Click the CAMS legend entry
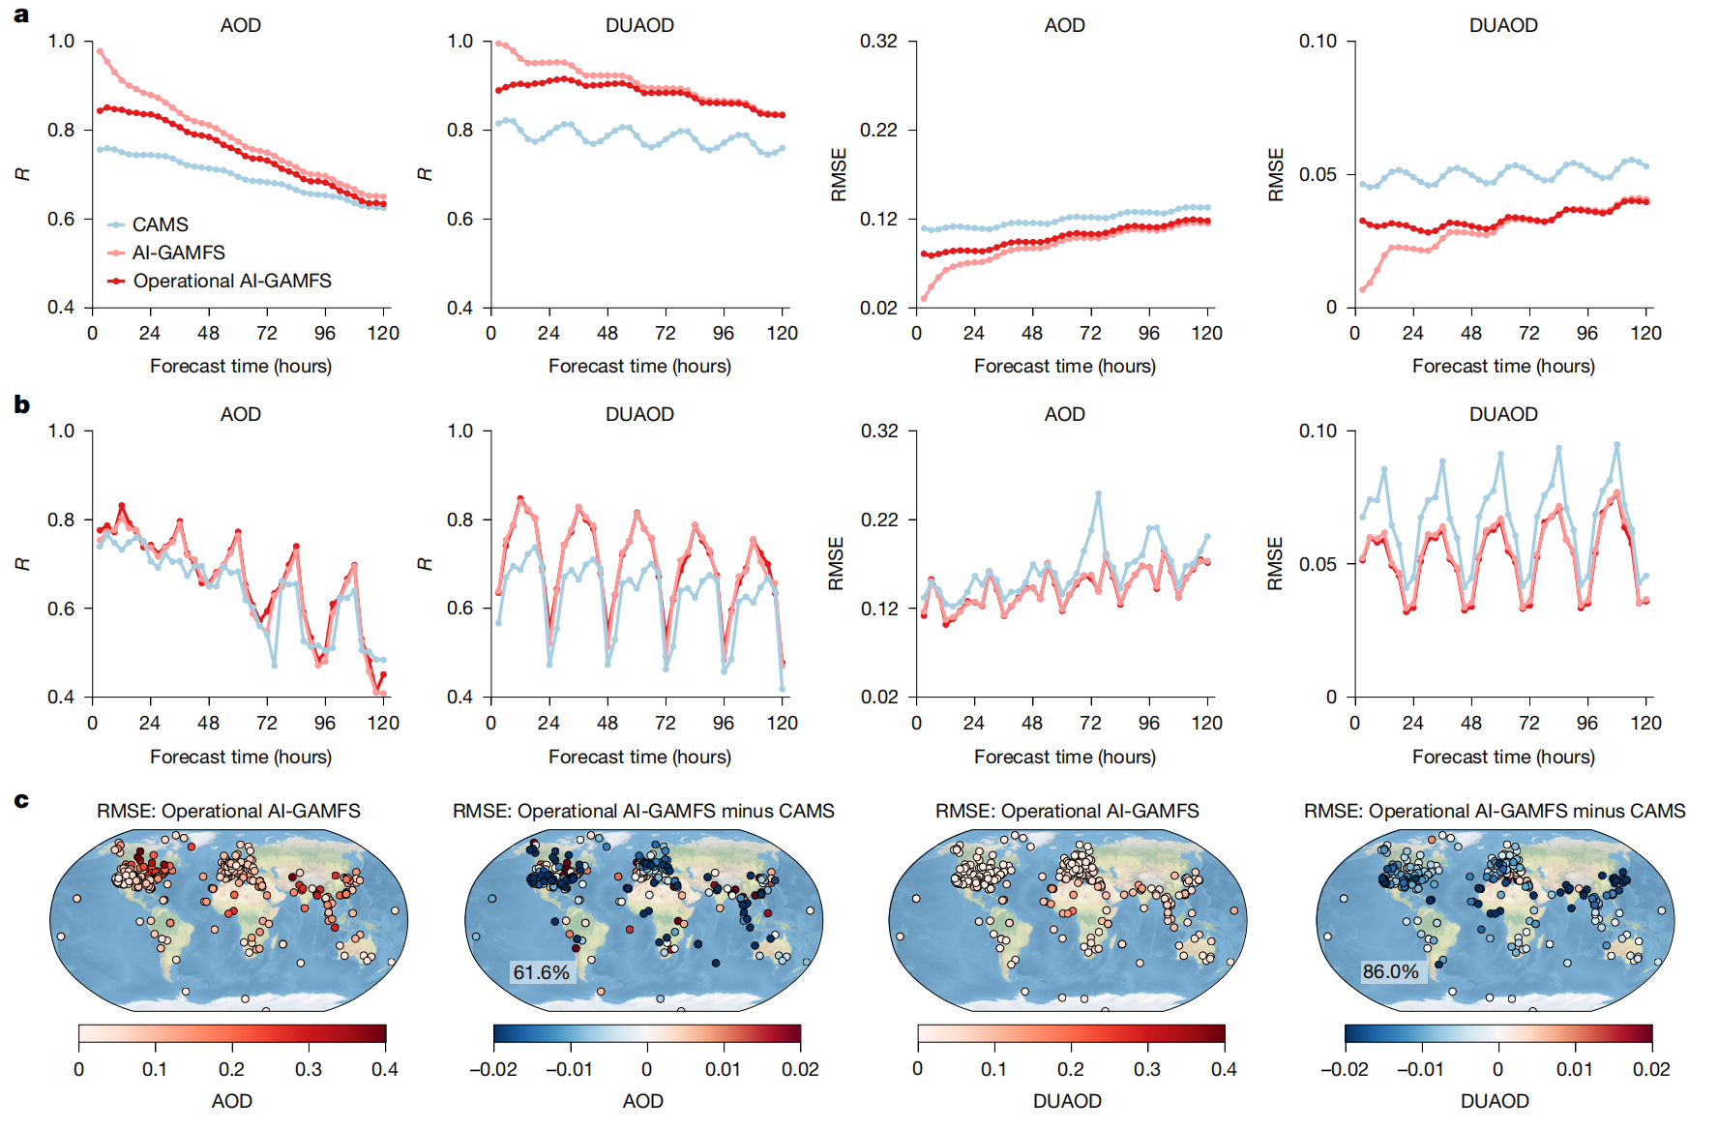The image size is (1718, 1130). [x=160, y=224]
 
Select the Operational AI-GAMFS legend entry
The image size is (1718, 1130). [x=231, y=281]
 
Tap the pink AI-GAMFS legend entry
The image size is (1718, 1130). [x=178, y=253]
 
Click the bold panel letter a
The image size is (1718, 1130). [x=21, y=15]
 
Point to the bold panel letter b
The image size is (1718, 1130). [x=21, y=404]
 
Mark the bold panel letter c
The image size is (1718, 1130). [x=21, y=800]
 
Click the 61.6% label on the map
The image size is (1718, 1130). [x=541, y=971]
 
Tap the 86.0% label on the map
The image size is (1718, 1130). [x=1390, y=971]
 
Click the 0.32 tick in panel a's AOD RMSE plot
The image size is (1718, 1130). [x=878, y=42]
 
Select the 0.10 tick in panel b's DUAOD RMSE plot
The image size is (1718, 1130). [x=1317, y=431]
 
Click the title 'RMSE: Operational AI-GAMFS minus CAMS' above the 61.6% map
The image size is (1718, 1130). [x=643, y=811]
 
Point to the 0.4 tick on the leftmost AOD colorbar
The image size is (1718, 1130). [x=385, y=1069]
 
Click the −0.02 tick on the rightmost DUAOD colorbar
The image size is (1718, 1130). [x=1344, y=1069]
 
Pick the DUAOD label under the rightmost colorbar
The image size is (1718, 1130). [x=1495, y=1101]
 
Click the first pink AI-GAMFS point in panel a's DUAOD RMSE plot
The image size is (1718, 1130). [x=1362, y=289]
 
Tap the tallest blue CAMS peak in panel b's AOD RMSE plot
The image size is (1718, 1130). [x=1098, y=493]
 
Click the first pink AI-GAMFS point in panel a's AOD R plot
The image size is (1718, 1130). [x=100, y=51]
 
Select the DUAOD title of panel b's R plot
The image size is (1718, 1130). [x=639, y=414]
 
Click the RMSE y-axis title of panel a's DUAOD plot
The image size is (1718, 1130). [x=1276, y=174]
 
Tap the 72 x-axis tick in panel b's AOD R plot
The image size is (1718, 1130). [x=266, y=723]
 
